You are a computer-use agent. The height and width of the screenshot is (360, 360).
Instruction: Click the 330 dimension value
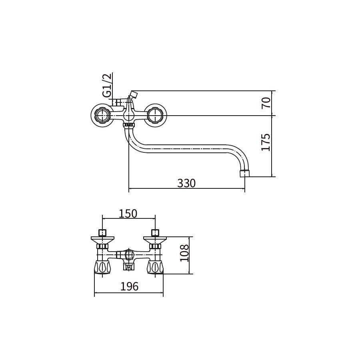186,183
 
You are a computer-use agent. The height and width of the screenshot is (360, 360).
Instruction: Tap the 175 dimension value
266,142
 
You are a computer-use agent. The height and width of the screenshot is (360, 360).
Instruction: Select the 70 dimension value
266,103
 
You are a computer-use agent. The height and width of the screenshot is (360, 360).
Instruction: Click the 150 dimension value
128,214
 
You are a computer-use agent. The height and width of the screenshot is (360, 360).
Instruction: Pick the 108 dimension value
184,253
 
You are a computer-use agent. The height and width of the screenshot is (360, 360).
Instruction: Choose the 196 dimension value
129,286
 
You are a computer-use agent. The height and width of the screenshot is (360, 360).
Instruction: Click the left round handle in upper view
102,115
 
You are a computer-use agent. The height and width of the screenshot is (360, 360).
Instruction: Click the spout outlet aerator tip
244,173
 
